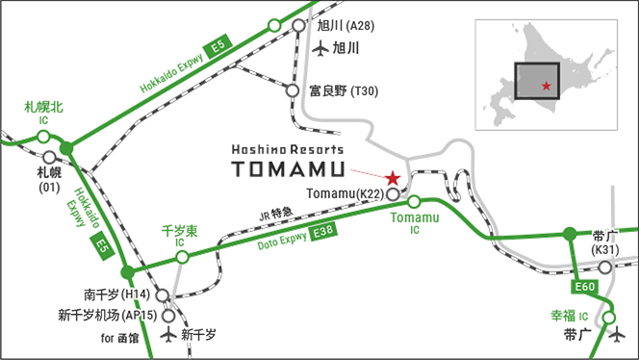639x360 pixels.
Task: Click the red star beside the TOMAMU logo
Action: pos(393,178)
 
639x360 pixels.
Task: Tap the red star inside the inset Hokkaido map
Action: pos(547,87)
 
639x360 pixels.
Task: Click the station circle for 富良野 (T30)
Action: pos(293,91)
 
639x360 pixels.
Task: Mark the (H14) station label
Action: pos(136,294)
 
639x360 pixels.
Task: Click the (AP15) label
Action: pos(141,316)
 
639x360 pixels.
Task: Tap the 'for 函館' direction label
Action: pos(121,339)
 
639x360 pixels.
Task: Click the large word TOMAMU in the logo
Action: pos(288,169)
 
